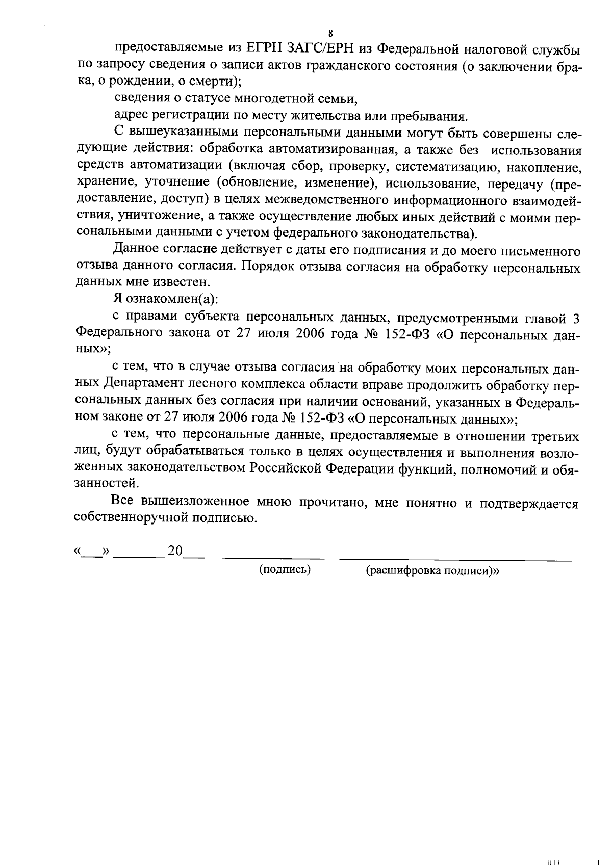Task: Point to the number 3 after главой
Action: (576, 319)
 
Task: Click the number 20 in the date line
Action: (175, 551)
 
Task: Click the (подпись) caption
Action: (285, 570)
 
